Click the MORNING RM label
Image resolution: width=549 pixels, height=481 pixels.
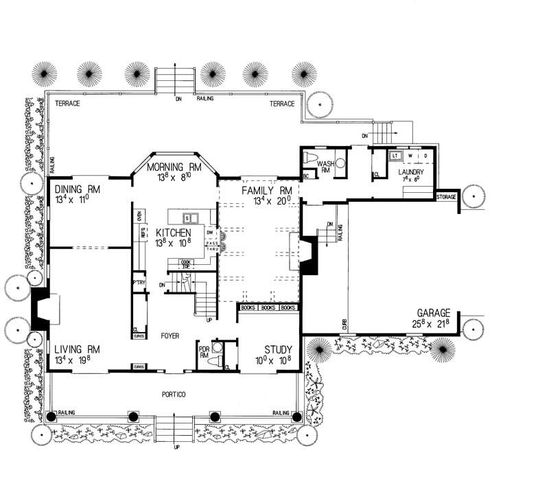coord(172,166)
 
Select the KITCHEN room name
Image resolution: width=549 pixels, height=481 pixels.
coord(172,233)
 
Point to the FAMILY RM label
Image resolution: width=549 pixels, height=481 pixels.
coord(267,190)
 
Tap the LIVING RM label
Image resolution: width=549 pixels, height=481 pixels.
coord(75,349)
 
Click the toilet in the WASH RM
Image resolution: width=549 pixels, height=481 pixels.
coord(310,160)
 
